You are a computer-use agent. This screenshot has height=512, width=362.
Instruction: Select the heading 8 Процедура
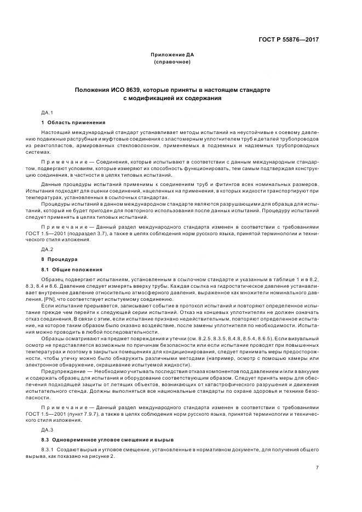[60, 258]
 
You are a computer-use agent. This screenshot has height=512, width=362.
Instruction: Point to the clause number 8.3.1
[49, 450]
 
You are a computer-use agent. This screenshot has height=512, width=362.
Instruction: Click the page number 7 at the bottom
[317, 467]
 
